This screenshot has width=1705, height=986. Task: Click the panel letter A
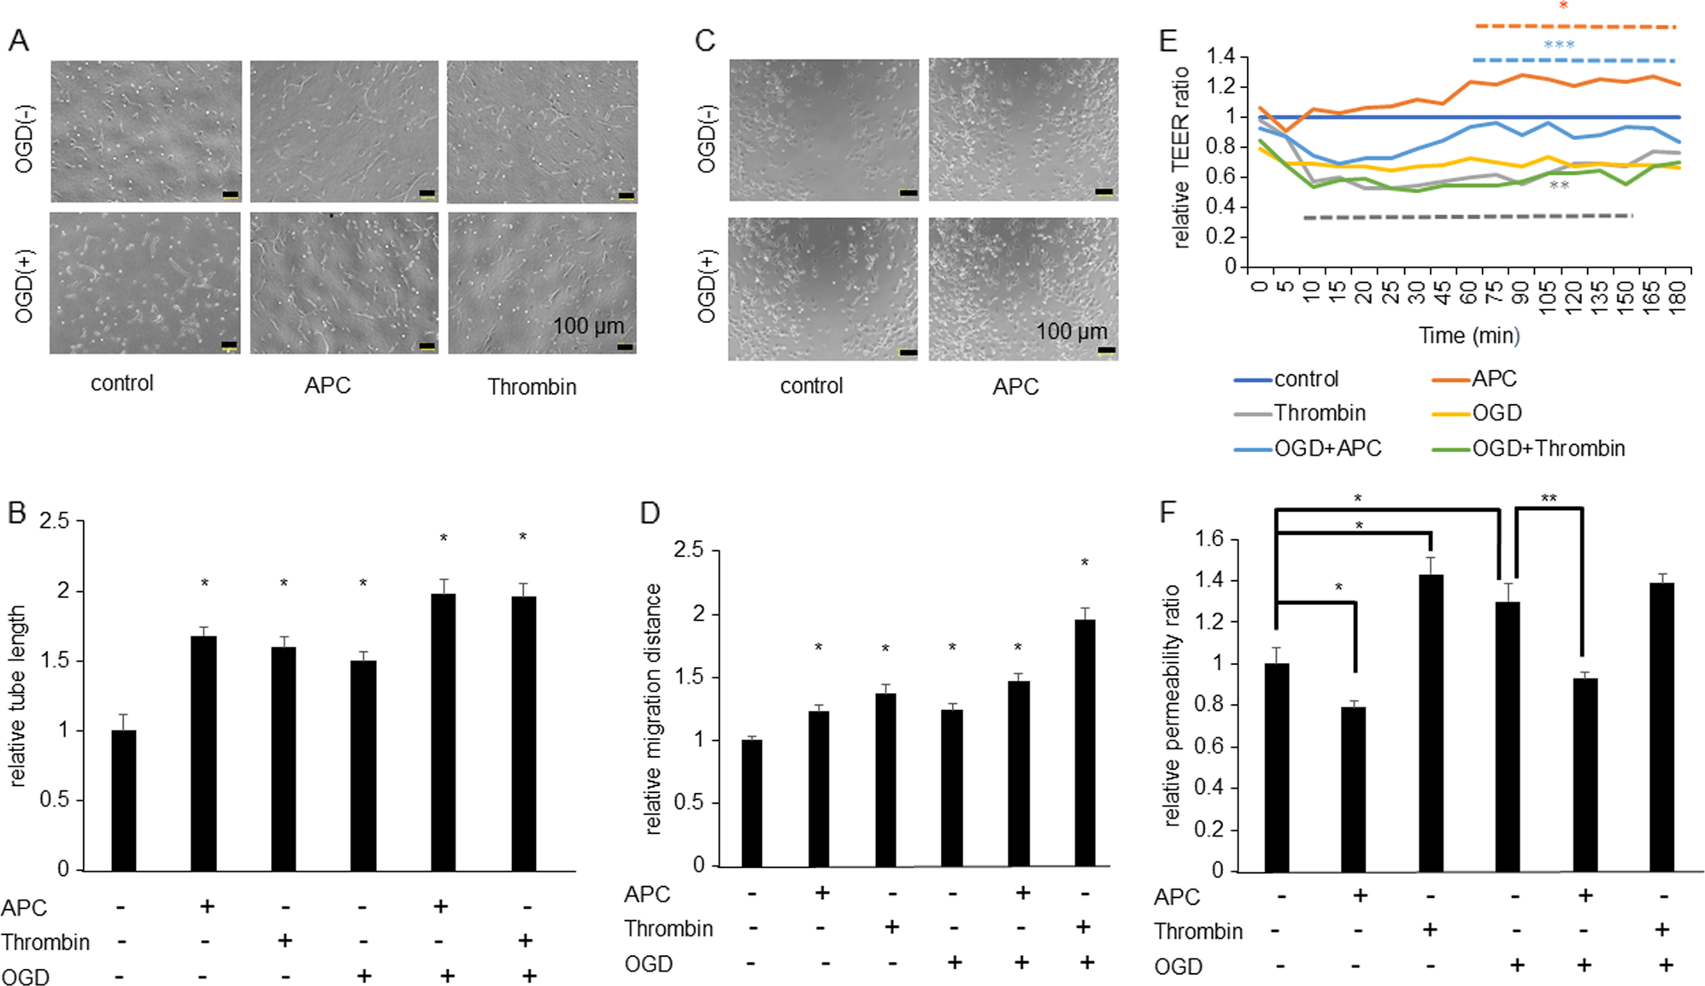[x=19, y=40]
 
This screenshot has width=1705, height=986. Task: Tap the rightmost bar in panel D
[x=1085, y=742]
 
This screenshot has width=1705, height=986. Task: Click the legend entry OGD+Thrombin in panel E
[x=1548, y=449]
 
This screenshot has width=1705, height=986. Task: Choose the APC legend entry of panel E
[x=1493, y=379]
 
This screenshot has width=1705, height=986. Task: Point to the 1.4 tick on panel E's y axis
[x=1220, y=56]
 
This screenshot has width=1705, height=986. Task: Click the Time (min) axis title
[x=1469, y=336]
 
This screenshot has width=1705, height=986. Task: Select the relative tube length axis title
[x=17, y=695]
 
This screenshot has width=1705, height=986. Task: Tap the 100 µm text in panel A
[x=588, y=326]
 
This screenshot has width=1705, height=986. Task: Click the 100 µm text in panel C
[x=1071, y=332]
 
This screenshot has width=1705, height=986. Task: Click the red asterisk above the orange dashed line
[x=1563, y=7]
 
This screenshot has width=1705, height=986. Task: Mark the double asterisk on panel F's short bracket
[x=1549, y=499]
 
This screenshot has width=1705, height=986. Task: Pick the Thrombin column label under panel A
[x=532, y=387]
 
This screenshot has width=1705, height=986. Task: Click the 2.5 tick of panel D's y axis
[x=688, y=550]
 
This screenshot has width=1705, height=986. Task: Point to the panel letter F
[x=1167, y=512]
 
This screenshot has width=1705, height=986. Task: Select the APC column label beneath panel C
[x=1015, y=387]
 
